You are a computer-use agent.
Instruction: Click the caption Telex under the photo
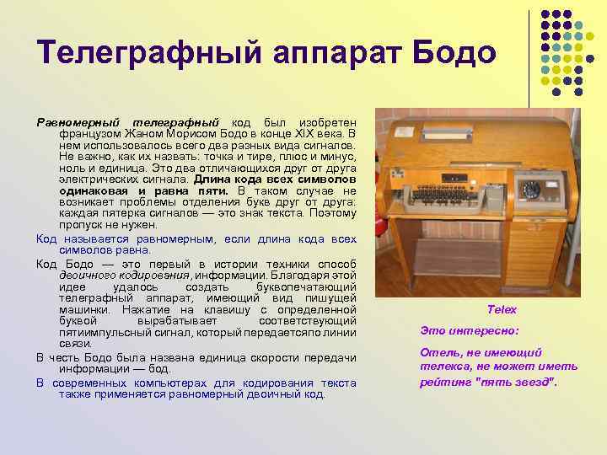click(502, 310)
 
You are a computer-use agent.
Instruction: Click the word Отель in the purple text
click(438, 352)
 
